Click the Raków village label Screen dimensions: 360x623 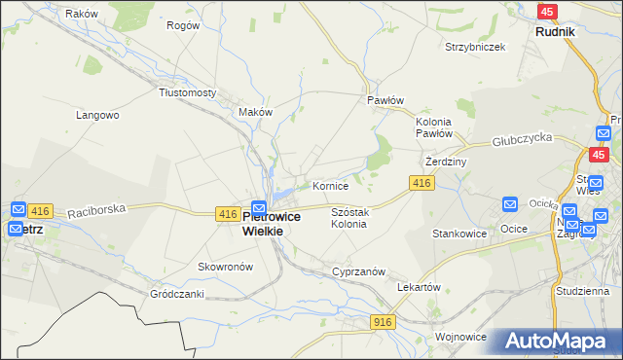point(83,14)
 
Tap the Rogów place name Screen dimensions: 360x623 point(183,25)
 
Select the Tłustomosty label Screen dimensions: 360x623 point(187,92)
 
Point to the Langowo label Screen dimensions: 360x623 point(97,115)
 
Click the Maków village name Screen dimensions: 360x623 point(256,112)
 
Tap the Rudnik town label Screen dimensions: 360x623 point(555,31)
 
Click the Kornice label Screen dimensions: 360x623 point(330,185)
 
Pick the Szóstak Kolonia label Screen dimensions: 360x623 point(349,217)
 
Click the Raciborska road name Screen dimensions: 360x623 point(93,208)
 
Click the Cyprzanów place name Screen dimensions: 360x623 point(359,271)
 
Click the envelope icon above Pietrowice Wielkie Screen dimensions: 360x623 point(259,208)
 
